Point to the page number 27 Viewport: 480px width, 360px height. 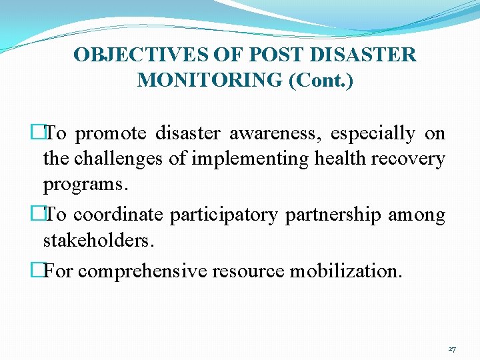point(452,349)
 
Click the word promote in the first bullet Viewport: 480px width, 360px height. point(111,133)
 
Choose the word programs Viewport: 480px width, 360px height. point(85,185)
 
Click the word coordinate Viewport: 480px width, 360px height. point(118,215)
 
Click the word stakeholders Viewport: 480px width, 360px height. point(98,240)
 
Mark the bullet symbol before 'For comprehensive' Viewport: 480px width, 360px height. point(37,271)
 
